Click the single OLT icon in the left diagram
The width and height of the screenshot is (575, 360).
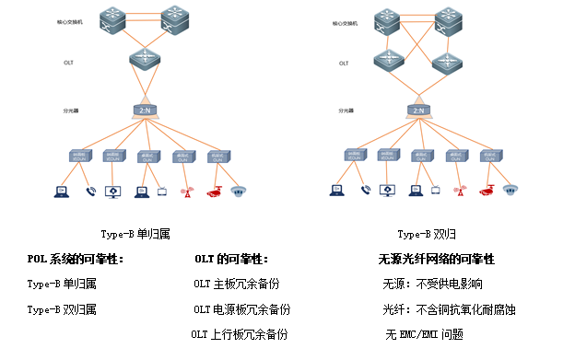(x=145, y=60)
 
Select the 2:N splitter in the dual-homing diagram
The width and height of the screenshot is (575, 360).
(x=418, y=110)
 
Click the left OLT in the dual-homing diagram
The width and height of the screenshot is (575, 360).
(x=387, y=61)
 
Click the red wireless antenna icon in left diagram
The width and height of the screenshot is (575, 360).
(x=185, y=192)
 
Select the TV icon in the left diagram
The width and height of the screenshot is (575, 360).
(x=161, y=192)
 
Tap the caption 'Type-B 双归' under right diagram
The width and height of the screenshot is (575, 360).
(x=421, y=235)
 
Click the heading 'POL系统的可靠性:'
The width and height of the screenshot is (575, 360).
(x=75, y=260)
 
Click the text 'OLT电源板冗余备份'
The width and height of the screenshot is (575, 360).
(x=241, y=309)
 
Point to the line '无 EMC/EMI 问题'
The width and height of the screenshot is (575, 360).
(x=424, y=333)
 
